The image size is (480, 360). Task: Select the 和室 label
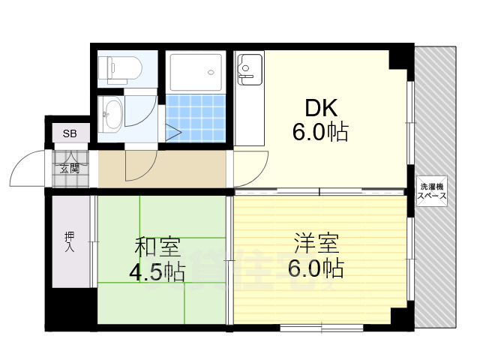tap(157, 247)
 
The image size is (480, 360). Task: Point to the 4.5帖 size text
tap(157, 271)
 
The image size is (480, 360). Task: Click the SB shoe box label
tap(69, 134)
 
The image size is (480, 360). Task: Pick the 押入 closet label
tap(69, 241)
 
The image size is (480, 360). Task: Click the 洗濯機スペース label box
tap(433, 192)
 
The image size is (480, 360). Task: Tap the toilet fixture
tap(120, 70)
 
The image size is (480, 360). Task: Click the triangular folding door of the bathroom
tap(174, 133)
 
